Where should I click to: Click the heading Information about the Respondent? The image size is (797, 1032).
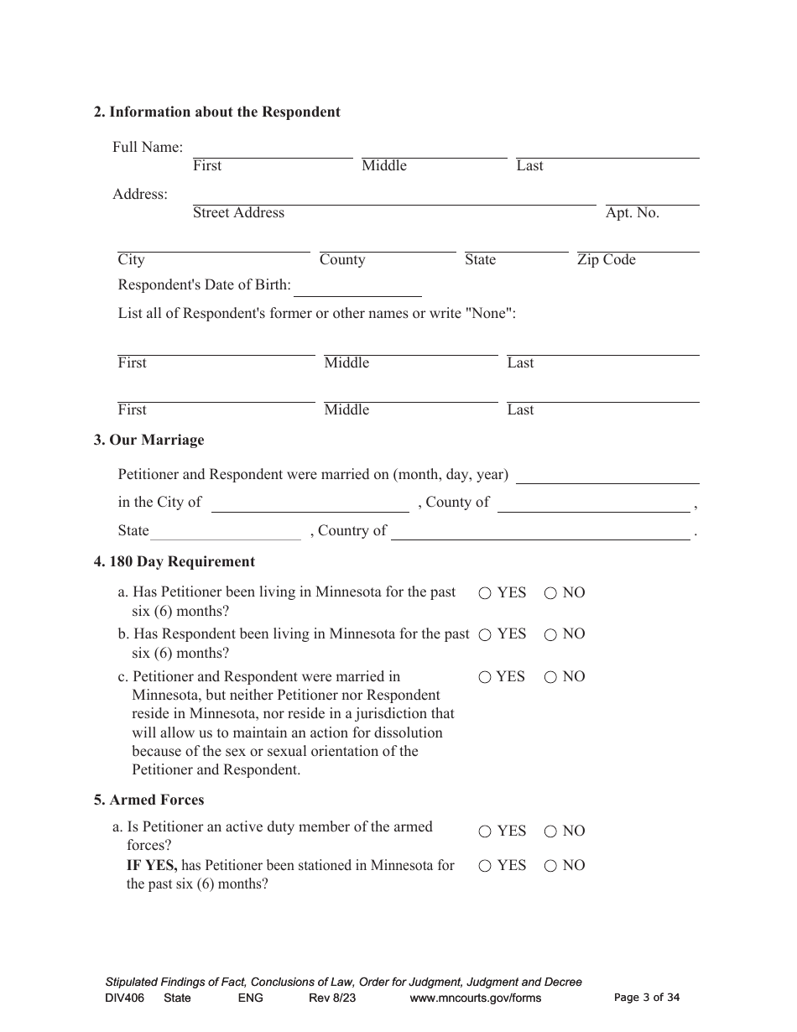pos(216,112)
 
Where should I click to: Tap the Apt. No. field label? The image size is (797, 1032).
pos(632,213)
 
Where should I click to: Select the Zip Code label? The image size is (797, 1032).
pos(606,260)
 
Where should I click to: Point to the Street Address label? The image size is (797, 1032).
pos(238,213)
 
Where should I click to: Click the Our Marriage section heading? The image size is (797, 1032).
pos(148,440)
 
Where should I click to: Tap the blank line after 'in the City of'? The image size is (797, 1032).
pos(310,505)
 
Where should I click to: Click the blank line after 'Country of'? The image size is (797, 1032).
pos(540,534)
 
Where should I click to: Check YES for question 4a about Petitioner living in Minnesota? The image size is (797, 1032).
pos(485,593)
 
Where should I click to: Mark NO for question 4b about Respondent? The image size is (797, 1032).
pos(550,635)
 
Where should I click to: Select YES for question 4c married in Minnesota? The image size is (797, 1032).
pos(485,677)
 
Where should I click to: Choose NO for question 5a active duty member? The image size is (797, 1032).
pos(550,831)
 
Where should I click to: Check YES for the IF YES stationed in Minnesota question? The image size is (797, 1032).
pos(485,866)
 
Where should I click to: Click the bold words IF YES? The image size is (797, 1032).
pos(151,865)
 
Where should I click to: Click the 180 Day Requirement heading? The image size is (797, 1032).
pos(174,561)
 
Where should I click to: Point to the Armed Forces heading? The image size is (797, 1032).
pos(148,800)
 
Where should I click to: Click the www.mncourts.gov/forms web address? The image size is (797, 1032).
pos(475,998)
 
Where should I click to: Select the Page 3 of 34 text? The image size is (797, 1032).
pos(647,998)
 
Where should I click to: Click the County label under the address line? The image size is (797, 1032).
pos(341,260)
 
